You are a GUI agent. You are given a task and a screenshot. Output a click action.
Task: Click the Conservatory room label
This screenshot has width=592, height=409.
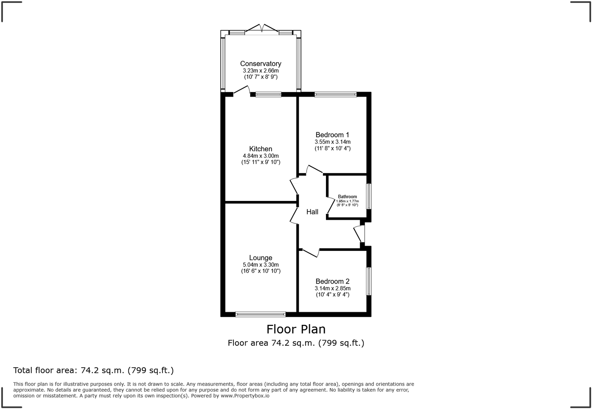point(261,64)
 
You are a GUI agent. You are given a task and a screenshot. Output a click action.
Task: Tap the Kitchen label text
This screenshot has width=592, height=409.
point(261,149)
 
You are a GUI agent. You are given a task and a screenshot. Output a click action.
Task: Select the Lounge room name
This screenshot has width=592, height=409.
point(261,258)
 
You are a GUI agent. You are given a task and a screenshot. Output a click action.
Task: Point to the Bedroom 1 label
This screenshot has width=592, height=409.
point(332,135)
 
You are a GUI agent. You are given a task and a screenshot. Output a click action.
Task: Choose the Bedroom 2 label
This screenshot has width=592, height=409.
point(332,282)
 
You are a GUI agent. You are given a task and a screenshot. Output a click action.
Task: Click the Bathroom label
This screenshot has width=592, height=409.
point(347,197)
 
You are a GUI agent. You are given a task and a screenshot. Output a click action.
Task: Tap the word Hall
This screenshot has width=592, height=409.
point(312,212)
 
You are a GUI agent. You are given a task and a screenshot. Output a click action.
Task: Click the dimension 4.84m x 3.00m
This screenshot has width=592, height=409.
point(261,156)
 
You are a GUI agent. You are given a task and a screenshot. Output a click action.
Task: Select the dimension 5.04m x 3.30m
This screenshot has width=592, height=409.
point(261,265)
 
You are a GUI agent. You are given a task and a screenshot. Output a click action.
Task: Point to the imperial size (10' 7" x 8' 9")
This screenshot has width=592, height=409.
point(261,77)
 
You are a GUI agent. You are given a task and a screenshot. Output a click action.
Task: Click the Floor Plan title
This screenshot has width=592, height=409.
point(296,329)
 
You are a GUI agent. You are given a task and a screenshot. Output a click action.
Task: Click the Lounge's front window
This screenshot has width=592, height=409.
point(261,314)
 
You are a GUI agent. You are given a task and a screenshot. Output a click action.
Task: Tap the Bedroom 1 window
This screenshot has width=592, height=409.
point(335,94)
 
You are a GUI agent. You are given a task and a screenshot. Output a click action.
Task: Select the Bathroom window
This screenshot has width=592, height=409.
point(369,196)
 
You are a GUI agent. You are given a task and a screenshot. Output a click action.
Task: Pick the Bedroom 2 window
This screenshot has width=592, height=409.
point(369,281)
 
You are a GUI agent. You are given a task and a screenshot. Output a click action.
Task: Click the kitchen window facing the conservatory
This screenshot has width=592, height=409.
point(268,94)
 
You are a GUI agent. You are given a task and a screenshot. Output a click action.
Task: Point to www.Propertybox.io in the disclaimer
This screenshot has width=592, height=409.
point(245,396)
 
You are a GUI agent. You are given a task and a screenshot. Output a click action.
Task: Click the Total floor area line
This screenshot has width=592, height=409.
point(94,370)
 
